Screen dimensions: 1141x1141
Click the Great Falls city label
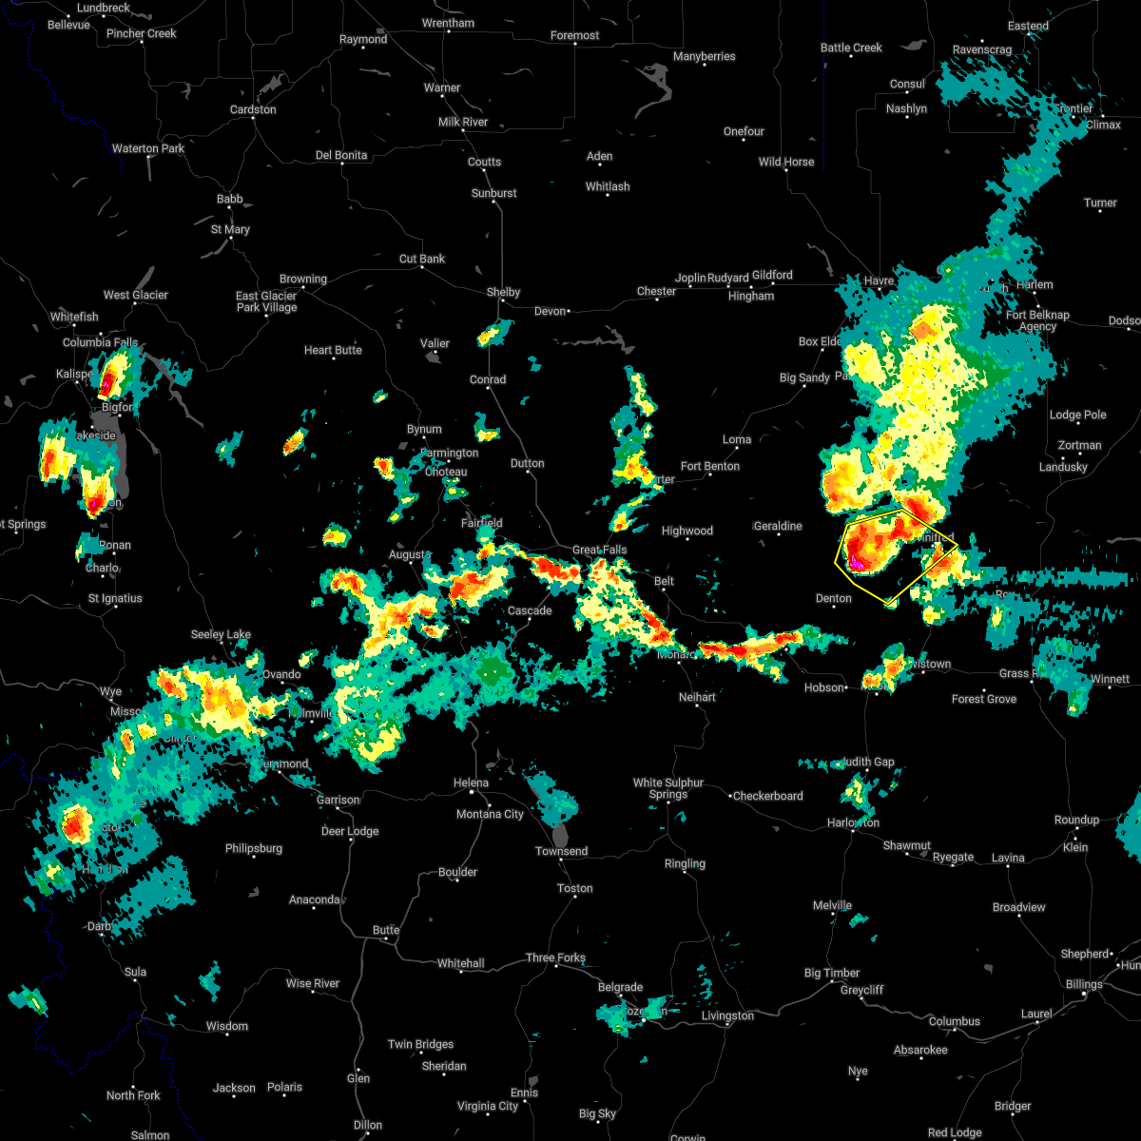tap(599, 550)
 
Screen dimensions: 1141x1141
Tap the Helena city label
tap(471, 783)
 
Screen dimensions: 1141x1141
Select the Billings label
tap(1084, 984)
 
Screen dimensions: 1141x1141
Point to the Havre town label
tap(879, 280)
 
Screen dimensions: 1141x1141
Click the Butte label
tap(386, 930)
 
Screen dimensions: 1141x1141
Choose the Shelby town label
tap(503, 292)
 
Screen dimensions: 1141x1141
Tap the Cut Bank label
tap(422, 259)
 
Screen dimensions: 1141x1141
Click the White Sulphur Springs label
tap(668, 788)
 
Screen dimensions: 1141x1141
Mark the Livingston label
tap(727, 1015)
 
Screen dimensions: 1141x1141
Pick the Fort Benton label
tap(710, 466)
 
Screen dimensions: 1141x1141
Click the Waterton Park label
tap(148, 148)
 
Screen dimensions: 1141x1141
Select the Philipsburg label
tap(254, 848)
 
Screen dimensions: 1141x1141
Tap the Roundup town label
tap(1076, 820)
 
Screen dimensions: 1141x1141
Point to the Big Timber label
tap(832, 973)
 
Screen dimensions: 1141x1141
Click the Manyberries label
tap(704, 56)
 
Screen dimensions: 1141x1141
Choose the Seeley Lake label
tap(221, 634)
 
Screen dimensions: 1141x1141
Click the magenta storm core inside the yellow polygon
tap(856, 565)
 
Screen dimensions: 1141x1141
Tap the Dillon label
tap(368, 1124)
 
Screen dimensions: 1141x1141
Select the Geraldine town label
tap(778, 526)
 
